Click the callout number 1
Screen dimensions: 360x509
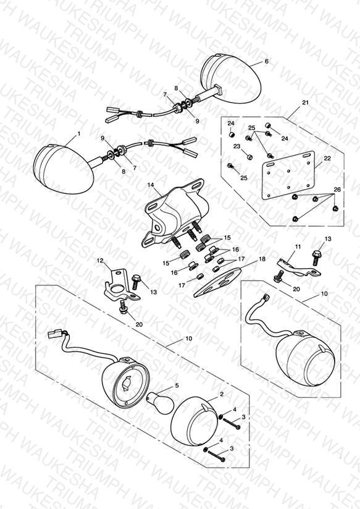click(x=78, y=133)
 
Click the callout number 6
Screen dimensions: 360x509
click(x=267, y=61)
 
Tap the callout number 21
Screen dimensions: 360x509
click(x=305, y=103)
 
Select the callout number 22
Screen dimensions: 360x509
click(x=327, y=158)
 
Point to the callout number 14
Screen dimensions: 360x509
click(x=151, y=185)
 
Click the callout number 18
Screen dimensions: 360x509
click(x=262, y=259)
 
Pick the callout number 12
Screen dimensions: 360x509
click(x=100, y=260)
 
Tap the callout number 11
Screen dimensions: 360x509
click(x=298, y=246)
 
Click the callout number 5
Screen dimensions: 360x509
click(x=177, y=385)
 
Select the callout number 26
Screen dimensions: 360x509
click(x=337, y=190)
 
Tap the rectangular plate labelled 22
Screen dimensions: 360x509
click(x=288, y=175)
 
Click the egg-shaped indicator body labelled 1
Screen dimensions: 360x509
click(x=64, y=169)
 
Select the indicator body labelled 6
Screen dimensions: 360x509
click(x=231, y=78)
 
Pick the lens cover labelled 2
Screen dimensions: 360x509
click(x=195, y=421)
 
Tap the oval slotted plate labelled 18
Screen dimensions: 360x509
click(x=217, y=282)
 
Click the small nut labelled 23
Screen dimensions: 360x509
click(x=249, y=157)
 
